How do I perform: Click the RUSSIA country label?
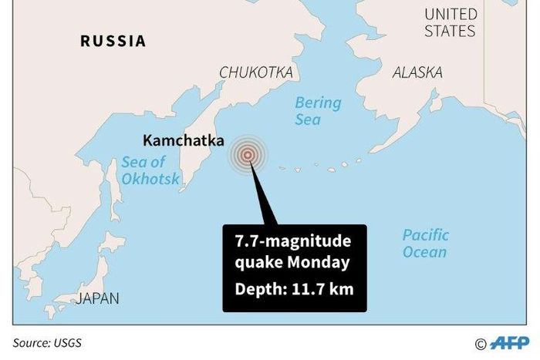click(113, 42)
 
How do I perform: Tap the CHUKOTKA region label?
click(256, 72)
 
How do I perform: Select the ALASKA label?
click(417, 72)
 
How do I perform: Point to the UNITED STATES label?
click(451, 23)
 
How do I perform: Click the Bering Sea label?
click(317, 110)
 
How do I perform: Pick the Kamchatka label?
click(184, 141)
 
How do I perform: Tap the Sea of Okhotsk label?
click(150, 170)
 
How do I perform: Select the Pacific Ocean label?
click(424, 244)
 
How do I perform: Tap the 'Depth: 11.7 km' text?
click(294, 291)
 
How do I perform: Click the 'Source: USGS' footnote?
click(47, 342)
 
